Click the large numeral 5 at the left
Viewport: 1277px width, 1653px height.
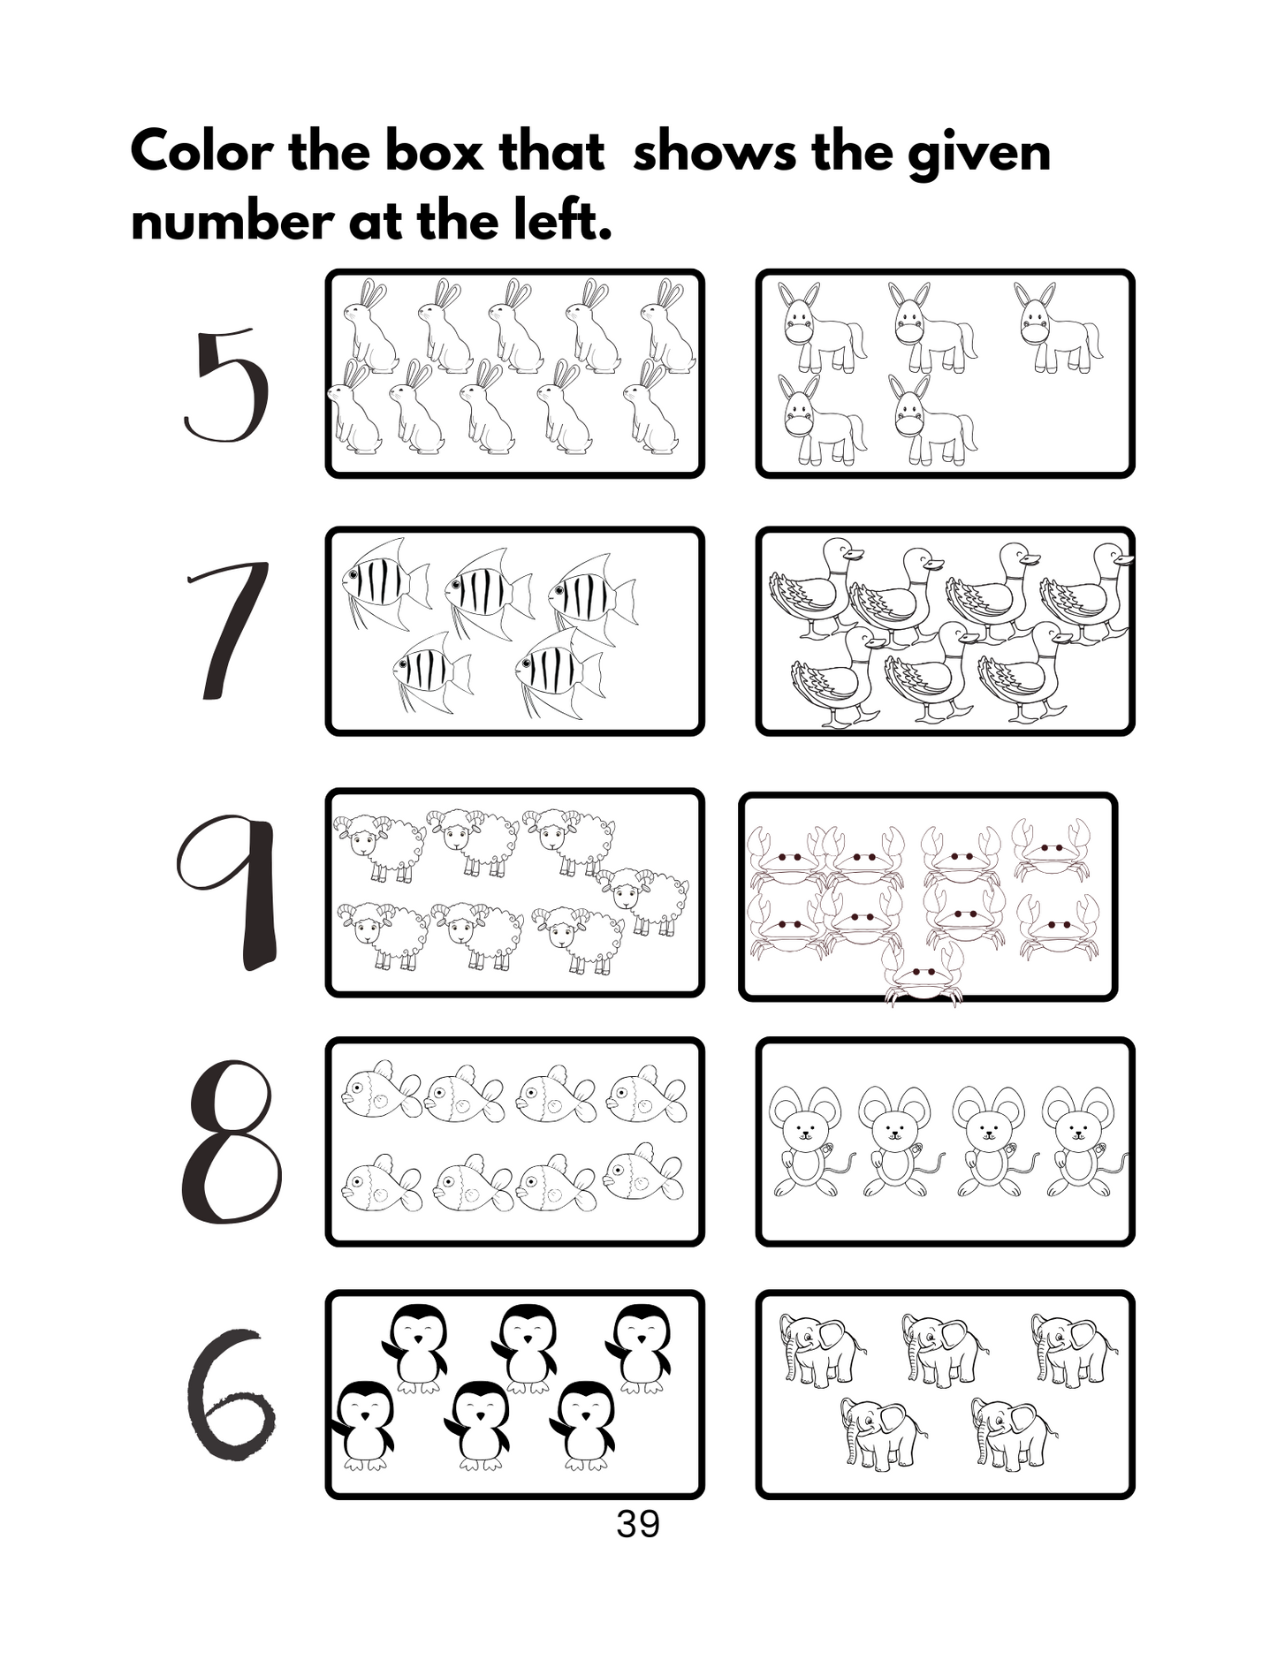click(228, 386)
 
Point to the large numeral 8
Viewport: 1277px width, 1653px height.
click(232, 1141)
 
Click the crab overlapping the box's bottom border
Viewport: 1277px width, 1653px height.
click(922, 977)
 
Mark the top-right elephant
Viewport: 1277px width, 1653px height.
click(1070, 1350)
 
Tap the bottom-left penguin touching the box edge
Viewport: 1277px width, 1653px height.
click(364, 1424)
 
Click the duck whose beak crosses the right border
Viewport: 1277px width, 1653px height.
click(1089, 590)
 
